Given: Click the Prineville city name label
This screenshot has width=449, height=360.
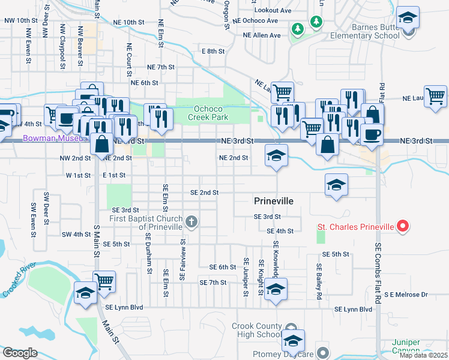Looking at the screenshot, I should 273,201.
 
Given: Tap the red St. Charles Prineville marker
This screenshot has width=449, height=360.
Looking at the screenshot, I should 403,227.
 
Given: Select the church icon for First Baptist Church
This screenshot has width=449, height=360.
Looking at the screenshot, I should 191,223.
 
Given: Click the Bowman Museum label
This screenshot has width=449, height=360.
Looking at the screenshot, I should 49,138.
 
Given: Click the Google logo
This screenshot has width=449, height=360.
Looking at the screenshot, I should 19,353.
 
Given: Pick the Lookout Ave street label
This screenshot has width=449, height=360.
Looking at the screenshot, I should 273,11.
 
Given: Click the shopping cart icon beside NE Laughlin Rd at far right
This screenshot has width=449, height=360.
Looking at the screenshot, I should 435,96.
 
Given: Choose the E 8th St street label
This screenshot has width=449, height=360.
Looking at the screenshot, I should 213,52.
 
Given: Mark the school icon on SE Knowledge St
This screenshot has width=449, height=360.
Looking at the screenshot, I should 276,289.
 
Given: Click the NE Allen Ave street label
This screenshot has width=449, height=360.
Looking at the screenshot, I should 262,35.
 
